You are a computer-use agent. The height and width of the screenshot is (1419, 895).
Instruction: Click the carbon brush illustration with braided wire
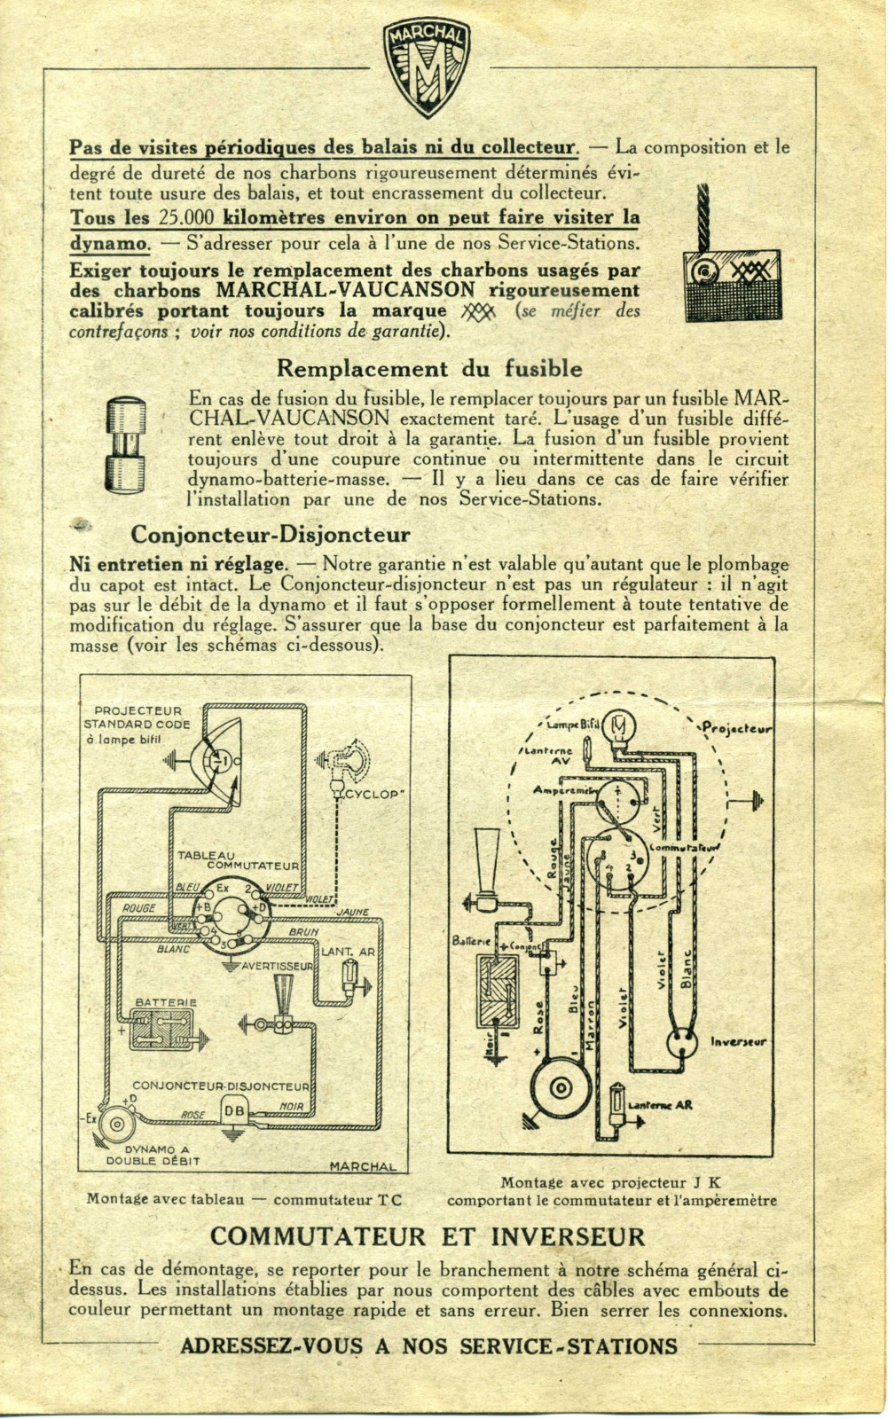coord(731,265)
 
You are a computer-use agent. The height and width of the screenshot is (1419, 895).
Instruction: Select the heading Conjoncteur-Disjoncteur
coord(270,535)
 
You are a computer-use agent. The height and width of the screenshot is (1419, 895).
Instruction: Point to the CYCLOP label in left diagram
coord(370,794)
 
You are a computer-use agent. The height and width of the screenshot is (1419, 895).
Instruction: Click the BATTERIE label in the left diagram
coord(166,1002)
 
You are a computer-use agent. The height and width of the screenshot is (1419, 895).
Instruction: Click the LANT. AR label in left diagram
coord(348,952)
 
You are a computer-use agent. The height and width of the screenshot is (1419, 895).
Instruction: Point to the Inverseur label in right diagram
coord(738,1041)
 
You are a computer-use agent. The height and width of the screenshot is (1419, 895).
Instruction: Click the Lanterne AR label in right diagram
coord(660,1105)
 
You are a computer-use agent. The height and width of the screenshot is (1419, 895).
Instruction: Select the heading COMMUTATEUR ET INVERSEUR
coord(428,1236)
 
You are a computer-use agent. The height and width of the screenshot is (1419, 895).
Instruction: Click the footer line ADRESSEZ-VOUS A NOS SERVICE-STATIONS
coord(428,1346)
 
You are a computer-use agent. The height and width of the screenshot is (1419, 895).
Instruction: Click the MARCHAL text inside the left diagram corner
coord(364,1166)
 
